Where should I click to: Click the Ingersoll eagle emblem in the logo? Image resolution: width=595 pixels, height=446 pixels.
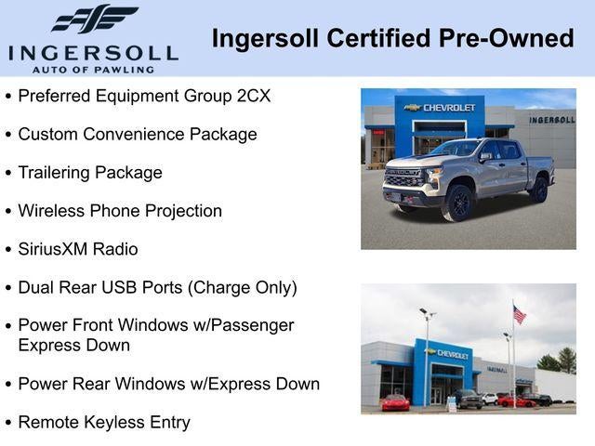click(94, 19)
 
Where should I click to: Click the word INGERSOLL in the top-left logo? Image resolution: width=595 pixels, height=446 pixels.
click(92, 52)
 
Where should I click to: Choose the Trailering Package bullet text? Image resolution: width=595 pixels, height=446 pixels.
click(90, 173)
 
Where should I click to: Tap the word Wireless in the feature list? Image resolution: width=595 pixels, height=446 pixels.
click(51, 211)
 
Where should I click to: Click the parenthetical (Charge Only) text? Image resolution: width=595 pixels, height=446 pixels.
click(242, 288)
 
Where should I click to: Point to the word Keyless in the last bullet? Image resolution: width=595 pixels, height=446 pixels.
click(109, 422)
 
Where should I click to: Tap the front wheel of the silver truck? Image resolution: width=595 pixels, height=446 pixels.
click(458, 203)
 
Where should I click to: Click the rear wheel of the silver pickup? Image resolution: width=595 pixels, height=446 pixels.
click(538, 189)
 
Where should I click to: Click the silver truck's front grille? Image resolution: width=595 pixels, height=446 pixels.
click(403, 177)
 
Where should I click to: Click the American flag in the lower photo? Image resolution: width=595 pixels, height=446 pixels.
click(519, 315)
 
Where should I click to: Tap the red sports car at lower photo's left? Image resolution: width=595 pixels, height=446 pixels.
click(395, 402)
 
